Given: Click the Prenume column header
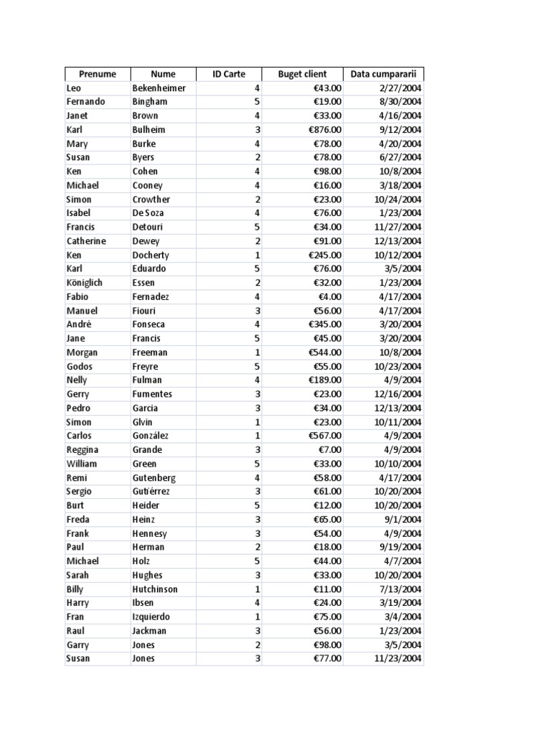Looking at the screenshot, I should coord(97,74).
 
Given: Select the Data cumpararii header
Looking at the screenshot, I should coord(383,74).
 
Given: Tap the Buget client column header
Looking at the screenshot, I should coord(302,74).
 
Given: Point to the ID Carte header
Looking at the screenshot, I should coord(229,74).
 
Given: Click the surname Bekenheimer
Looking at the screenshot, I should coord(159,88).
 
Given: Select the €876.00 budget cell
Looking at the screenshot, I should coord(325,130).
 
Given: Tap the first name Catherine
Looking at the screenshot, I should coord(85,241).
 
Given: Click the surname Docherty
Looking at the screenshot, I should coord(151,255).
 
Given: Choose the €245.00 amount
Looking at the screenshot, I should coord(325,255).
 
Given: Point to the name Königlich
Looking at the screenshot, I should coord(84,283).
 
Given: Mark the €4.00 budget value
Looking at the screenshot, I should coord(330,296).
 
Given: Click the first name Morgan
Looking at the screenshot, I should coord(82,352).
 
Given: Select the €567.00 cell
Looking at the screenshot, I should coord(325,436).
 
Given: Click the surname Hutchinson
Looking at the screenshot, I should coord(155,589).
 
